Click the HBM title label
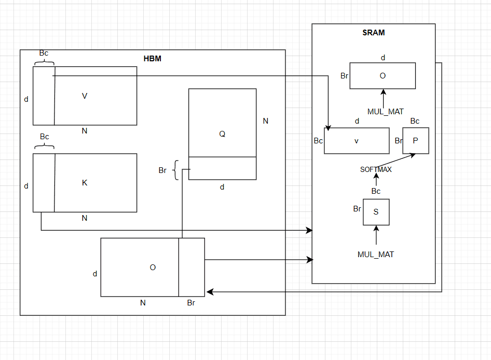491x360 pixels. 152,59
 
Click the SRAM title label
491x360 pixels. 373,33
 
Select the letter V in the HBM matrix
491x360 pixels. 85,96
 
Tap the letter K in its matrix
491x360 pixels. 85,183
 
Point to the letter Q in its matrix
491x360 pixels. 222,134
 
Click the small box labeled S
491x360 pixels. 376,212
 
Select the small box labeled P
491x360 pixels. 415,141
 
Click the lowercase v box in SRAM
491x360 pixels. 357,141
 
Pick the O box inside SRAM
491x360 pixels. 383,76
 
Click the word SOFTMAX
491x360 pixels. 376,169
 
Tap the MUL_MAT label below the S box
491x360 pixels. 376,255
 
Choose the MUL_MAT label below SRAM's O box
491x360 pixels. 385,111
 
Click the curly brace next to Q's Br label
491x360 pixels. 175,170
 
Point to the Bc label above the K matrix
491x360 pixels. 45,137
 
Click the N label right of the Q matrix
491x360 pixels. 266,121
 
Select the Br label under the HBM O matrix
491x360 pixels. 191,303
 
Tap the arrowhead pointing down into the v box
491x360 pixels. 328,126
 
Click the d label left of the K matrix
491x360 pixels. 26,186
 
